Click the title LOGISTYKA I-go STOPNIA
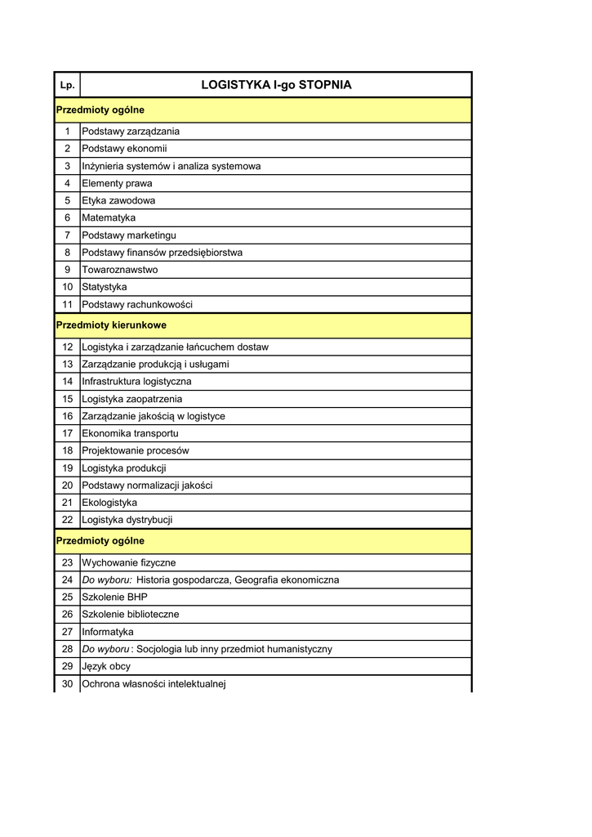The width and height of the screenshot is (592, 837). click(276, 85)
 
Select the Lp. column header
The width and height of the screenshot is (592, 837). click(67, 86)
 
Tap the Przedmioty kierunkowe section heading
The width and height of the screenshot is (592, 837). click(111, 325)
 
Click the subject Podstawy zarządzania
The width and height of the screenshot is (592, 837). click(131, 132)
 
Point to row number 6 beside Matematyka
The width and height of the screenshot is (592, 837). click(67, 218)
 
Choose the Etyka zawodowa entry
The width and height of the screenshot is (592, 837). click(118, 201)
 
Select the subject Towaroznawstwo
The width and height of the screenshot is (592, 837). click(120, 270)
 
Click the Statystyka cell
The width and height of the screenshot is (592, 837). click(105, 288)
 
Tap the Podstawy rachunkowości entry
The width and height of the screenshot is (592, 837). click(137, 305)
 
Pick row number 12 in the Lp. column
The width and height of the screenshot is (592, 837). click(67, 347)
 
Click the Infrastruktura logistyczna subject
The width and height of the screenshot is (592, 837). click(137, 382)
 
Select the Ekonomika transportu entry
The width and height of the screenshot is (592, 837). click(130, 433)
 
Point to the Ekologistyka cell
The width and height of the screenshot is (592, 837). click(109, 503)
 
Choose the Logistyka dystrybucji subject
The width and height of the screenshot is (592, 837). click(127, 520)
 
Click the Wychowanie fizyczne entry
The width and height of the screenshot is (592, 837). click(129, 563)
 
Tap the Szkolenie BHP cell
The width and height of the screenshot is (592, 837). click(115, 598)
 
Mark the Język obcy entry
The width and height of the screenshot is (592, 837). click(106, 667)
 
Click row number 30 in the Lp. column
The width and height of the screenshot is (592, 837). click(67, 684)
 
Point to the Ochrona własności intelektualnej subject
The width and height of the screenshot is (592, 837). click(154, 684)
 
